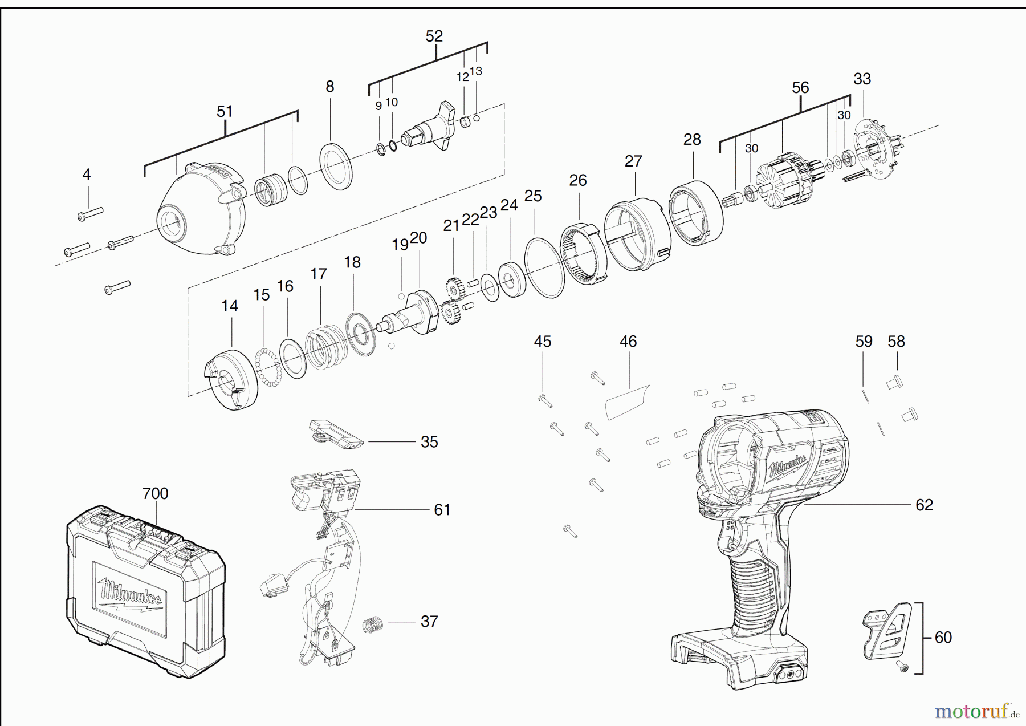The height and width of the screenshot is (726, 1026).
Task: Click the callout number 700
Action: pos(155,493)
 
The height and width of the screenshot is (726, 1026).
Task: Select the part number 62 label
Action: pos(924,505)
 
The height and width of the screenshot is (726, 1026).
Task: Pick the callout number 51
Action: pos(225,111)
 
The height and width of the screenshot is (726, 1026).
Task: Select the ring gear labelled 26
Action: pos(583,253)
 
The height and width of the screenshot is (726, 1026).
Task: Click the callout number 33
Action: pos(862,79)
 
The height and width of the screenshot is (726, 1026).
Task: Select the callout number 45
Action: pos(543,341)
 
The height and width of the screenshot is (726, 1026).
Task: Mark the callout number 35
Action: pos(429,442)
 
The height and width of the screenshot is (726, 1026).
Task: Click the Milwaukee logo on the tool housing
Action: pos(788,465)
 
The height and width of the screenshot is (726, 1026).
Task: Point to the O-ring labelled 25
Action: pos(544,267)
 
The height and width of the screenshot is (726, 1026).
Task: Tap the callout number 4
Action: pos(87,174)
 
